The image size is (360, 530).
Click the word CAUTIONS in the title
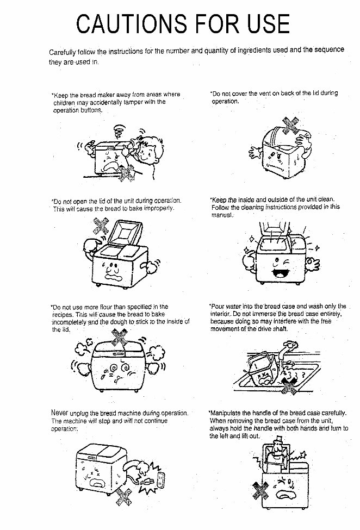tap(128, 24)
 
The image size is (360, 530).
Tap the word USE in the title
tap(263, 24)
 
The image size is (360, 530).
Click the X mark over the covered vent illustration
tap(290, 125)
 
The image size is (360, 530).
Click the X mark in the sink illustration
tap(288, 385)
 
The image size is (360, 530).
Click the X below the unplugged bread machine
tap(125, 496)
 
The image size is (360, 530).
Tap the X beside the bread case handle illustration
tap(260, 491)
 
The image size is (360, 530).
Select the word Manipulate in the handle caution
tap(227, 413)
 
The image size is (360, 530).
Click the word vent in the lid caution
tap(263, 93)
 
